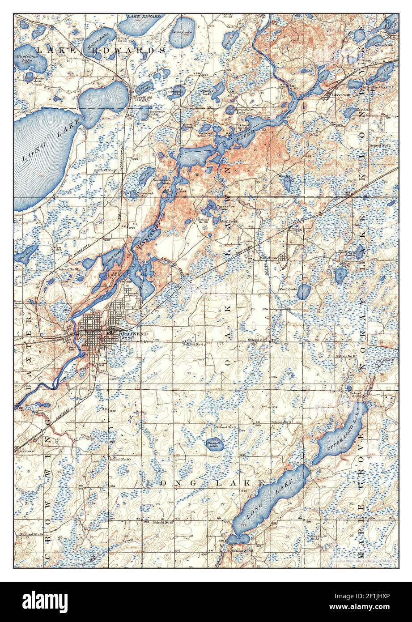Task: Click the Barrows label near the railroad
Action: (x=25, y=452)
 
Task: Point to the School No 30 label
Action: (x=119, y=460)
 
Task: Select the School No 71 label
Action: (x=281, y=422)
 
